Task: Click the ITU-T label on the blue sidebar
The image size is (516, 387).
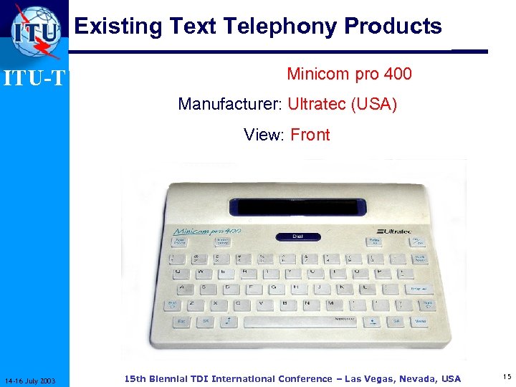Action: click(x=35, y=77)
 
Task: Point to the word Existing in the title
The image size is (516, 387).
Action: click(x=118, y=27)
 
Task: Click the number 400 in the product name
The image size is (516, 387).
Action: click(x=398, y=74)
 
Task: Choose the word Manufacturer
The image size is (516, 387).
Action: click(x=228, y=104)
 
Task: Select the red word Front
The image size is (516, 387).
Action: click(x=310, y=135)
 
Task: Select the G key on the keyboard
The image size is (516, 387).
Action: click(x=272, y=287)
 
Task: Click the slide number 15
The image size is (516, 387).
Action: click(x=507, y=376)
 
